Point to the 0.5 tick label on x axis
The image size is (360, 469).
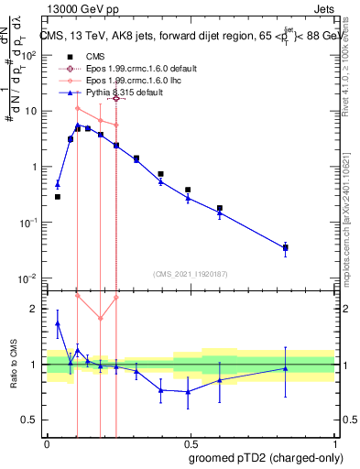point(190,442)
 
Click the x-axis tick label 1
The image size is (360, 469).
point(333,442)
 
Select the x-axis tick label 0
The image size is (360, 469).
point(47,442)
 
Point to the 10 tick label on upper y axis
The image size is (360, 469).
point(28,111)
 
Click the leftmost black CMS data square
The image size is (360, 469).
point(57,197)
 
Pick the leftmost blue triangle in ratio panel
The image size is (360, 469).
point(57,323)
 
